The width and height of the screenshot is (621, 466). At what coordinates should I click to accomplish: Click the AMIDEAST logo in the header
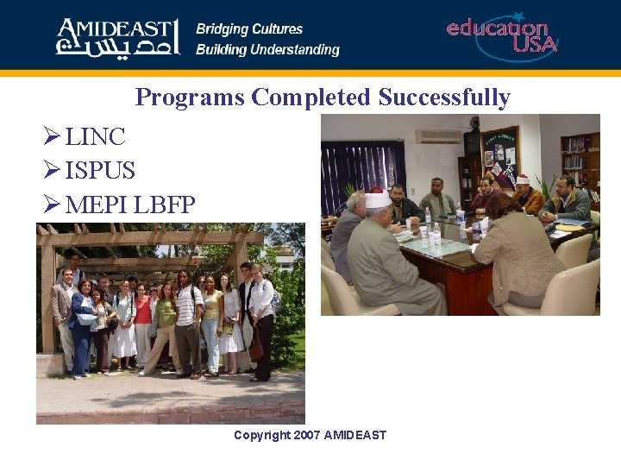click(x=117, y=37)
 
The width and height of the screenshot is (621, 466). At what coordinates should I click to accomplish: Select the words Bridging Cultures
click(x=249, y=28)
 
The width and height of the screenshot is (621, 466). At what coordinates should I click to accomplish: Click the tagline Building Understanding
click(x=267, y=50)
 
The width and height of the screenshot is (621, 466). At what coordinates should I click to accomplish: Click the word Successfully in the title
click(x=444, y=98)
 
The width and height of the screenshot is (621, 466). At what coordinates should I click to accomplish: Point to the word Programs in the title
click(x=190, y=98)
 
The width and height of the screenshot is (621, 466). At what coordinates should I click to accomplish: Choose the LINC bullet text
click(x=95, y=136)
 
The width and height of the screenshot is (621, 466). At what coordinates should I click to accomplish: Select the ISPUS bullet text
click(x=100, y=171)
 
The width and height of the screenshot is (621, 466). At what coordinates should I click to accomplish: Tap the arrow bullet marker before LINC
click(x=51, y=136)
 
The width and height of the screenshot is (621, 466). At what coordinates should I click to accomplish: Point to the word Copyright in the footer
click(x=262, y=435)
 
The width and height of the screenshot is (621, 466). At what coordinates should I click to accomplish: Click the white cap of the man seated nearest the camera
click(x=377, y=199)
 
